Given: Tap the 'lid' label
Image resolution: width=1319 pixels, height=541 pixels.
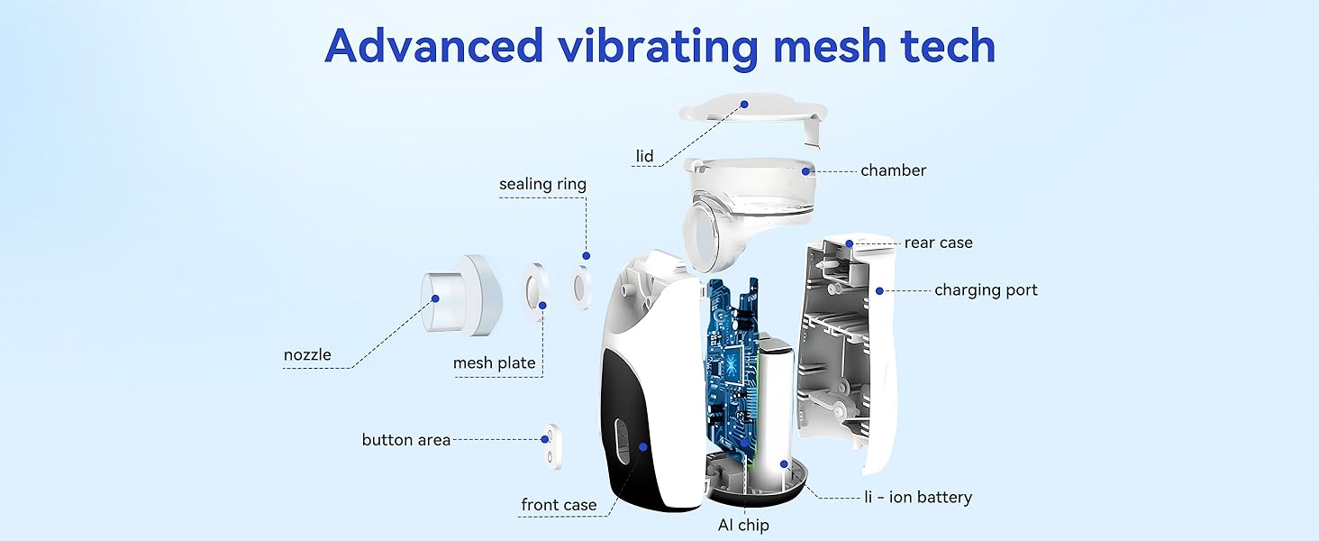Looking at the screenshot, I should (644, 156).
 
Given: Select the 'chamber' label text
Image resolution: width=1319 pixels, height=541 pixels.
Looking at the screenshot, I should (892, 170).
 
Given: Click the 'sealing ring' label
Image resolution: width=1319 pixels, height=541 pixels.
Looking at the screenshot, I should (542, 184).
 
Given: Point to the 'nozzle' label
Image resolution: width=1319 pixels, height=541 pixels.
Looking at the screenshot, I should (307, 354).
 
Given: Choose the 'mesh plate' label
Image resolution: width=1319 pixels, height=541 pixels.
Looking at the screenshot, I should (494, 362).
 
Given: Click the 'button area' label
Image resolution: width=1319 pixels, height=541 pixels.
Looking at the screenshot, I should (405, 440).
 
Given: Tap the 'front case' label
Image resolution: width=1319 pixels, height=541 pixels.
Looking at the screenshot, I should (559, 504).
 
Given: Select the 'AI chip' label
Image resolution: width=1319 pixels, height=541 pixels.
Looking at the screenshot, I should (744, 525).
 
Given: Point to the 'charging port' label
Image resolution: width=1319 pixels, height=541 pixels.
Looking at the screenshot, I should (985, 290).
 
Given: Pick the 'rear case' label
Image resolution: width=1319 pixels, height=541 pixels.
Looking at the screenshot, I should (938, 243).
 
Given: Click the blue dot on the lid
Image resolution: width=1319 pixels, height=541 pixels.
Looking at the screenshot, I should (745, 105).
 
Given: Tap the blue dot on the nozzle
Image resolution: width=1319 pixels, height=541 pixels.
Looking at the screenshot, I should (435, 297).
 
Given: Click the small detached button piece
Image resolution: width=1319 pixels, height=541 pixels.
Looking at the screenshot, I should (547, 447).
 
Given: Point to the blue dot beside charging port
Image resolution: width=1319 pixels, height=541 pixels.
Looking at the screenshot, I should (878, 290).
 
